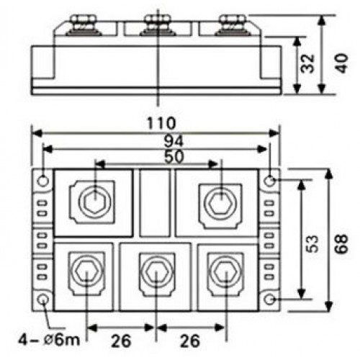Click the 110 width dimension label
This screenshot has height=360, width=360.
point(161,123)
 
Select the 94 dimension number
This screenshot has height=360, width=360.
point(174,141)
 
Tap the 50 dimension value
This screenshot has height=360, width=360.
point(174,157)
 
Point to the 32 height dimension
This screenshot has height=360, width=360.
point(307,63)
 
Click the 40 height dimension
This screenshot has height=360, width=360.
point(341,63)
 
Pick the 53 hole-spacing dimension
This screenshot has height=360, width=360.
point(312,243)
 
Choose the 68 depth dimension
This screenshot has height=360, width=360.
point(341,243)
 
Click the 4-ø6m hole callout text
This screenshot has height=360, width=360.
point(49,340)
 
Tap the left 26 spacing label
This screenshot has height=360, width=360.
point(121,341)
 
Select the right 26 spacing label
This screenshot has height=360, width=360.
point(190,341)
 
